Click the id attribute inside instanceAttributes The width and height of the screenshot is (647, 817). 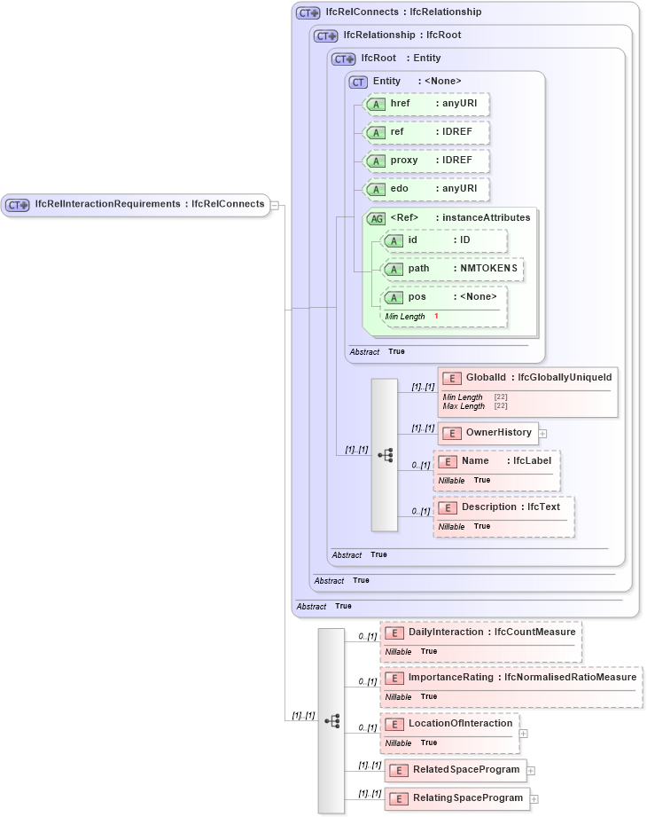pos(443,240)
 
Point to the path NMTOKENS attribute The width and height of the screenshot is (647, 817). pos(452,269)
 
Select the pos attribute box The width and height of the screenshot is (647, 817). pos(443,297)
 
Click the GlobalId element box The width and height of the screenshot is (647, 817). pos(526,378)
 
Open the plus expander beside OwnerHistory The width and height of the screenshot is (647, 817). pos(543,434)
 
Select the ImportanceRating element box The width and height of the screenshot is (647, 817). pos(511,678)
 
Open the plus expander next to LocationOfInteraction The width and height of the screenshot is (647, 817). pos(524,734)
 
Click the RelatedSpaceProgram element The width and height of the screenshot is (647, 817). pos(456,770)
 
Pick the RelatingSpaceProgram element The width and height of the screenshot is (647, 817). pos(457,798)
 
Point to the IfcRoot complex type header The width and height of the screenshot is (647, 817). pos(386,59)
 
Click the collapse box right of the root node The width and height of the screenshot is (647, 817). pos(275,205)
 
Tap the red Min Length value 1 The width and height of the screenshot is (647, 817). pos(436,317)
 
